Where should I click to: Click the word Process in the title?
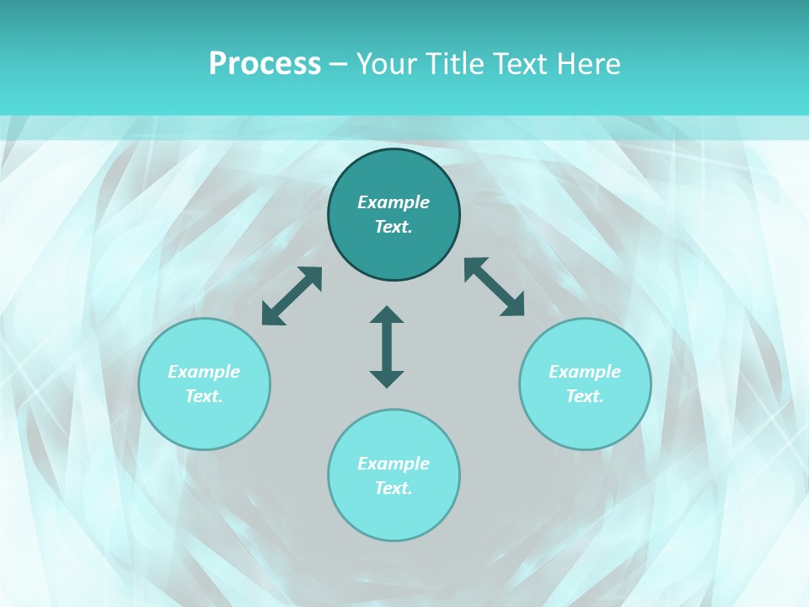265,64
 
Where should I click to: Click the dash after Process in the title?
338,65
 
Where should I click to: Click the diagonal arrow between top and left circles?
292,296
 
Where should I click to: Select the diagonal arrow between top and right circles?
495,287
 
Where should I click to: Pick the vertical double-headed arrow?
387,346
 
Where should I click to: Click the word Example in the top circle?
394,202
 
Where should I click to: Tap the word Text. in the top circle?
394,227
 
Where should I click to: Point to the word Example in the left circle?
204,372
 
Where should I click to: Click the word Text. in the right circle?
585,396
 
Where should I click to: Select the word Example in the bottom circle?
394,464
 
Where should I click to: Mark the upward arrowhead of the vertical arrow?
387,315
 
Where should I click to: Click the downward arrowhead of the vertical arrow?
387,379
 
